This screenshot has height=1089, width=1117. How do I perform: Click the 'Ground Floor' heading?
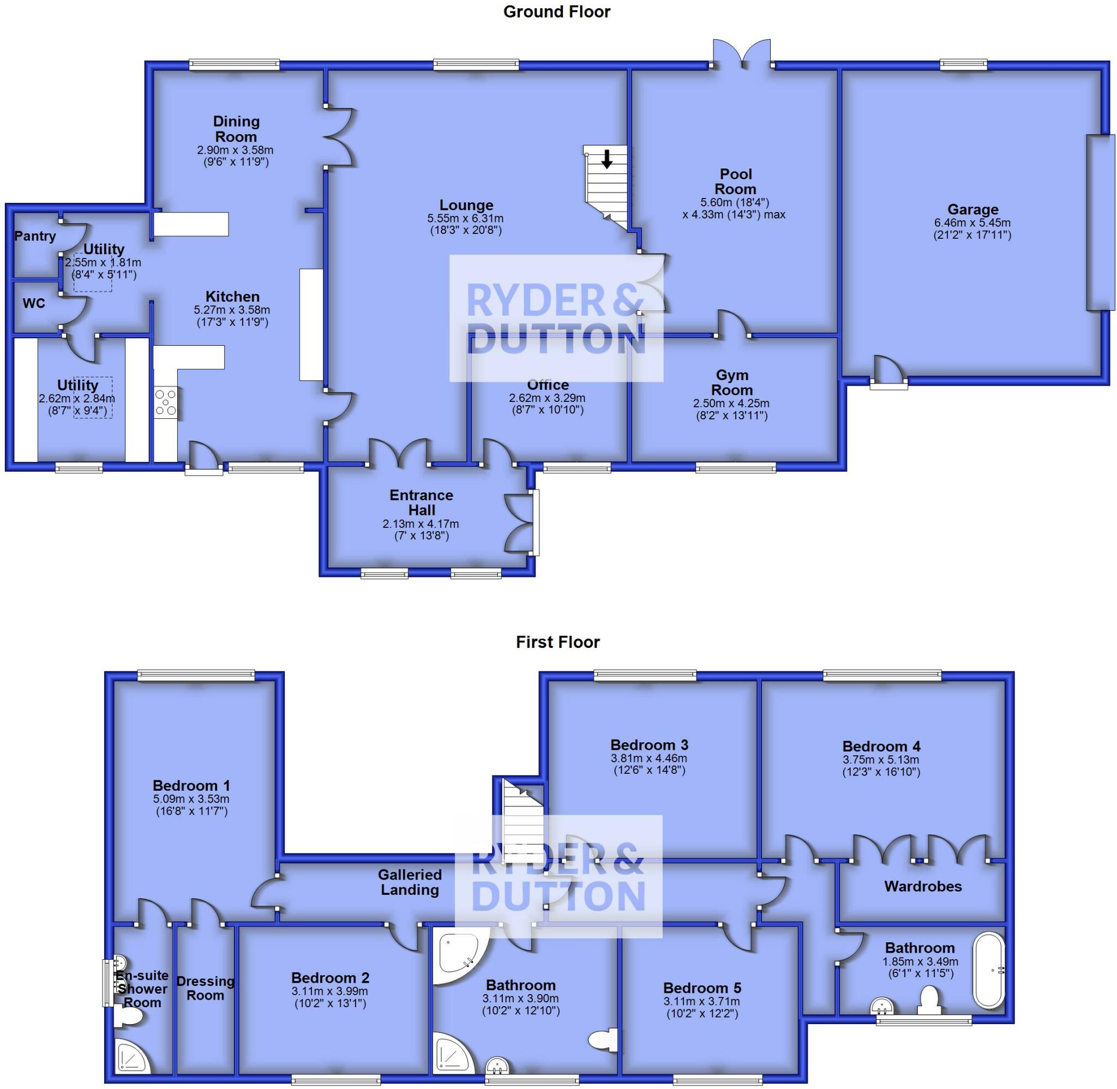coord(556,12)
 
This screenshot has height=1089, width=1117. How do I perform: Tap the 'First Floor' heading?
coord(557,642)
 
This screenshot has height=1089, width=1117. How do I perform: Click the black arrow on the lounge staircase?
coord(607,159)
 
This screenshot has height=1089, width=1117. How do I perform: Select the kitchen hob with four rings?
coord(166,402)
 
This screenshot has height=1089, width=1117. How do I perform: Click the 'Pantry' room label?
coord(35,236)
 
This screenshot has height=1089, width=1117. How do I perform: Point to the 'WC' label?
coord(34,303)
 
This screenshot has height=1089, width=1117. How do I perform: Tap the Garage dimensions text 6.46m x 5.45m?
coord(972,223)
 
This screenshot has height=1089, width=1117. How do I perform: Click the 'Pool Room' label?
coord(736,181)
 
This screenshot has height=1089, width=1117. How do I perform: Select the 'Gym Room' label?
coord(731,383)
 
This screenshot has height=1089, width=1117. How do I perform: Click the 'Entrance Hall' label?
coord(422,503)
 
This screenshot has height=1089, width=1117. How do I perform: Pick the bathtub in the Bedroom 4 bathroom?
coord(988,970)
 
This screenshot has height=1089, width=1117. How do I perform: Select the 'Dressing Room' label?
coord(205,988)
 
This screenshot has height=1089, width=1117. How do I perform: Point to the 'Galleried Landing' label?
coord(410,882)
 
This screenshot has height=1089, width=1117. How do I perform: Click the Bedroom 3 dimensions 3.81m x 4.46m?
coord(649,759)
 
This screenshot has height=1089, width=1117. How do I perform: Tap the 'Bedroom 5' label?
coord(702,988)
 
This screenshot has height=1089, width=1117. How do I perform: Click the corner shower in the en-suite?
coord(132,1056)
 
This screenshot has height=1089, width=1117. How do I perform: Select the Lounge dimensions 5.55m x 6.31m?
coord(466,219)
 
